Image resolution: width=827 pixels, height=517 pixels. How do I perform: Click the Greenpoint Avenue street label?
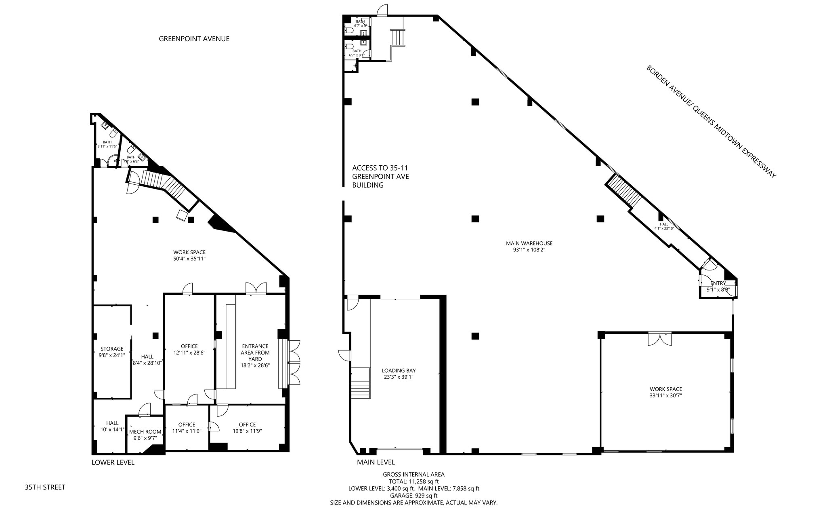click(194, 39)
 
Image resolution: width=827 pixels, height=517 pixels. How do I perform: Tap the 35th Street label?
click(45, 487)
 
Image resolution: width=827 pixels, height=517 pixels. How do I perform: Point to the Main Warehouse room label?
click(529, 247)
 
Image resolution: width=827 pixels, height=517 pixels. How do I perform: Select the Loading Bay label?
click(399, 374)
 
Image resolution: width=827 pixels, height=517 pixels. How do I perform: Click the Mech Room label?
click(145, 435)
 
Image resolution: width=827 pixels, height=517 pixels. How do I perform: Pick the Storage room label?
click(112, 352)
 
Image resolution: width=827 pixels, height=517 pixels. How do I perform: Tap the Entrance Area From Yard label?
click(255, 355)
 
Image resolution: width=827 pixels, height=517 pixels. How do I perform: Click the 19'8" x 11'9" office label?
click(247, 428)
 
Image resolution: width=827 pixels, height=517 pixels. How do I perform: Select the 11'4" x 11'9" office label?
click(187, 428)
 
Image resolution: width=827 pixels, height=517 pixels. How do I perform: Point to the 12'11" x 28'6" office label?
click(189, 349)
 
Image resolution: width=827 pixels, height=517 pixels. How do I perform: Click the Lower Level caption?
click(113, 462)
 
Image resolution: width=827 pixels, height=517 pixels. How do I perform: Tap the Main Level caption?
click(376, 462)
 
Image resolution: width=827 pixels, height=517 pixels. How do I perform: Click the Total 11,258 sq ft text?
click(413, 481)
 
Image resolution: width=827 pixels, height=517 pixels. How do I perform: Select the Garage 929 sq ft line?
click(413, 496)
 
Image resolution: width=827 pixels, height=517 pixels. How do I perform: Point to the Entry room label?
click(718, 286)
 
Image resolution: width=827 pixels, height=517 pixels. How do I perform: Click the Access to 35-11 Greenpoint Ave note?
click(380, 176)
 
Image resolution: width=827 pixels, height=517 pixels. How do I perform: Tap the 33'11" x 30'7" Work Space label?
click(666, 392)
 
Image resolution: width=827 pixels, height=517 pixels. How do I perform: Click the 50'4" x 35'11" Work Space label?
click(189, 255)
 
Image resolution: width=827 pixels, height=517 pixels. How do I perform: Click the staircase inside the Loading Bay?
click(360, 383)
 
